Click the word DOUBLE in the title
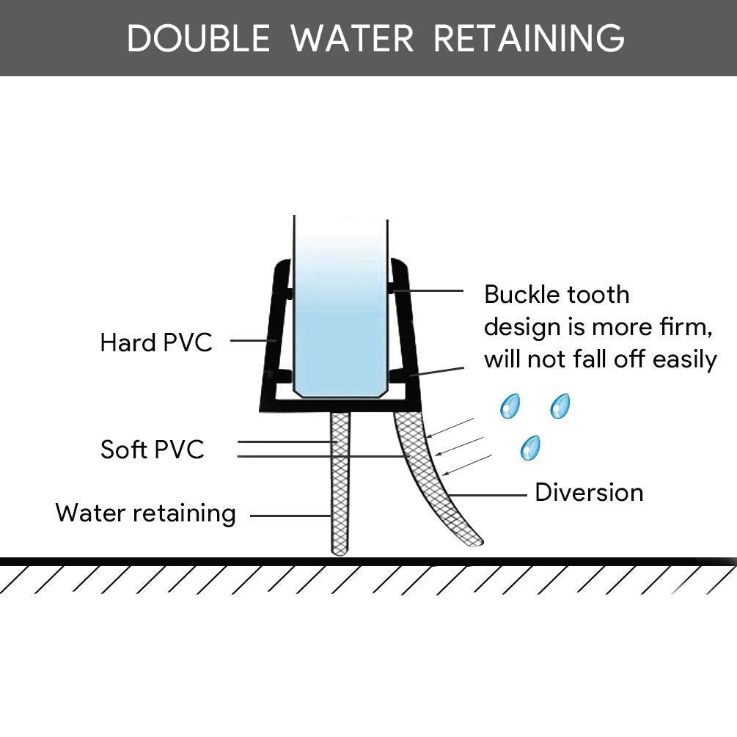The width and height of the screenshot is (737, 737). tap(199, 38)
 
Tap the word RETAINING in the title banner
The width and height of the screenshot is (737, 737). tap(529, 38)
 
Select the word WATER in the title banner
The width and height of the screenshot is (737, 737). tap(352, 38)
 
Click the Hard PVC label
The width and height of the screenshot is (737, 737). tap(155, 342)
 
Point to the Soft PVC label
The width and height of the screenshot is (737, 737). tap(153, 449)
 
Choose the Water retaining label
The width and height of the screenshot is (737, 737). tap(145, 513)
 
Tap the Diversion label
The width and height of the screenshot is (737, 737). tap(589, 492)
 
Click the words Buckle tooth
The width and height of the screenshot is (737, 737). tap(557, 294)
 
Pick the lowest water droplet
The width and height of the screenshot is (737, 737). tap(530, 447)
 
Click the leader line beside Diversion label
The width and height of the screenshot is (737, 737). tap(488, 495)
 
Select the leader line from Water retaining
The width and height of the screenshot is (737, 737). tap(290, 516)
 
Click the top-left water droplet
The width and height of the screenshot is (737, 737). tap(509, 406)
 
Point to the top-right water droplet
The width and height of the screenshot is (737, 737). tap(560, 406)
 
